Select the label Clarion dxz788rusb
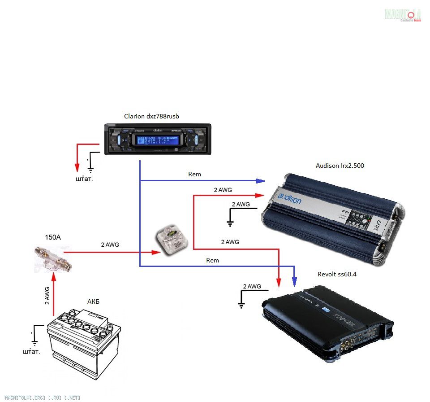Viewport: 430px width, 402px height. tap(152, 117)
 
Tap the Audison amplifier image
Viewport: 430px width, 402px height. tap(334, 219)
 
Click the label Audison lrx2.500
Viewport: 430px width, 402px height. tap(340, 166)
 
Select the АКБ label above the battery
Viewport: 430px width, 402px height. tap(93, 301)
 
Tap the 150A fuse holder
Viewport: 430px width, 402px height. tap(53, 259)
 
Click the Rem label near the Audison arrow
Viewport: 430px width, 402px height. tap(195, 174)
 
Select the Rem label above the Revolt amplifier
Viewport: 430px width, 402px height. tap(212, 260)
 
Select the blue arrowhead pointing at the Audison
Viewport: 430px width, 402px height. tap(261, 181)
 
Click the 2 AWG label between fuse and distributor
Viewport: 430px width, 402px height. tap(110, 245)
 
